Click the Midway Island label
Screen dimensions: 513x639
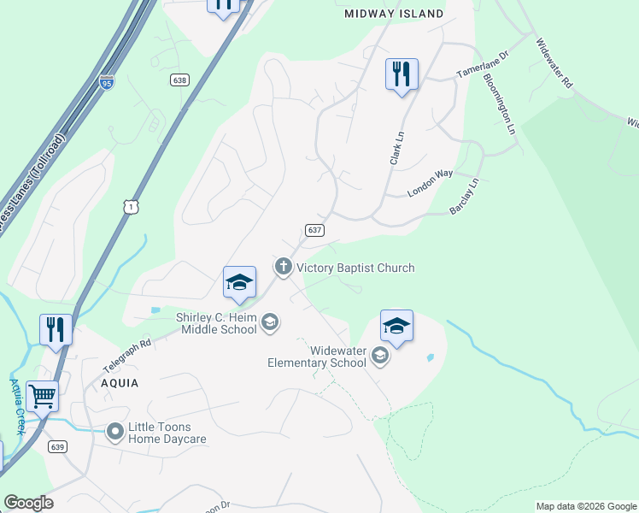point(394,14)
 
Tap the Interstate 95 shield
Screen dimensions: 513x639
point(107,82)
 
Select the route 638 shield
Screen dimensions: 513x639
point(179,80)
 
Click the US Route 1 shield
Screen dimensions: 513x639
point(130,206)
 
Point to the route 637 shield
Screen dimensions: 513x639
point(314,230)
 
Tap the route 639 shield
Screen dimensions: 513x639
point(57,446)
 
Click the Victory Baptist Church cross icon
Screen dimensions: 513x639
point(283,268)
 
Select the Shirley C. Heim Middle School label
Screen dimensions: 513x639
point(216,323)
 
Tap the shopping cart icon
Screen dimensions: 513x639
point(43,396)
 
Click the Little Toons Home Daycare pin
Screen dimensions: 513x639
point(115,433)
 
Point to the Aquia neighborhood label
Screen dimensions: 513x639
point(119,383)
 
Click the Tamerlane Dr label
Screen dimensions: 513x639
point(483,64)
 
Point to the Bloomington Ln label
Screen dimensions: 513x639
point(501,103)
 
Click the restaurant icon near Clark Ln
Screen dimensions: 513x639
point(402,74)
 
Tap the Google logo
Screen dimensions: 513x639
point(28,503)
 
